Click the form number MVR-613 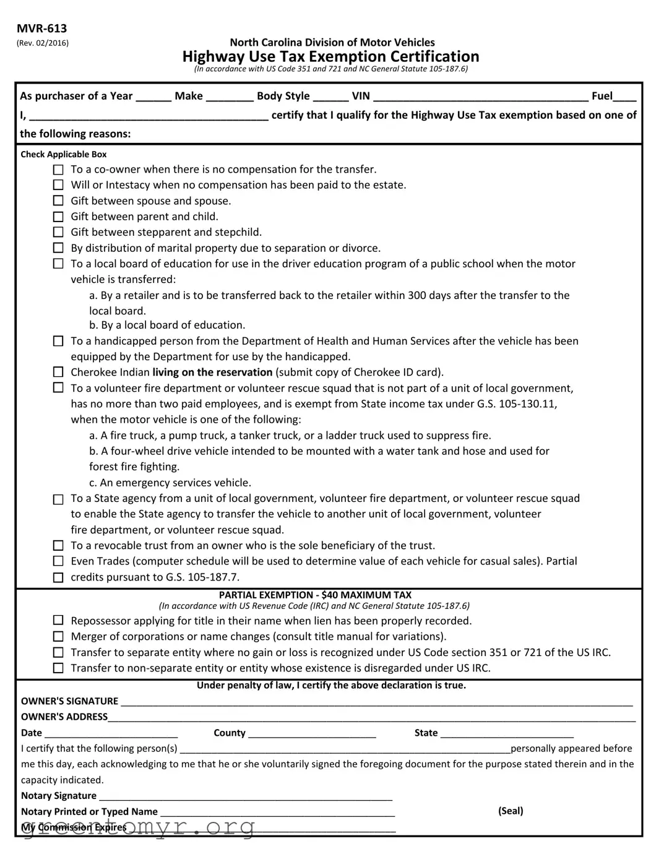[42, 28]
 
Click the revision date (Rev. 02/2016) [43, 43]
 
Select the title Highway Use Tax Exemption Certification [330, 57]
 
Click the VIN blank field [481, 97]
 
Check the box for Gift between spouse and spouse [58, 201]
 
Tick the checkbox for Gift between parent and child [58, 217]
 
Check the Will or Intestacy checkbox [58, 185]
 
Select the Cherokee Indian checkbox [58, 373]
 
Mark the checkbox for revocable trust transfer [58, 546]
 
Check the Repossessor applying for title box [58, 621]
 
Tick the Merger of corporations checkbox [58, 637]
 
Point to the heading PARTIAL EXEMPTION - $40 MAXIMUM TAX [315, 595]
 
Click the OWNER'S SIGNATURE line [376, 702]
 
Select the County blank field [312, 733]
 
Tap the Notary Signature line [246, 796]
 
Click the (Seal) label [511, 811]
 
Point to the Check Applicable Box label [64, 155]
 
